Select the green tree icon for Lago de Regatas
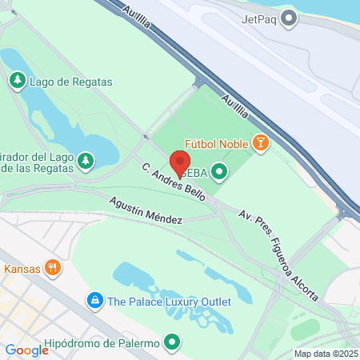tap(16, 81)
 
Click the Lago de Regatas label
tap(70, 82)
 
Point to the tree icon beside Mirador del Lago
tap(85, 162)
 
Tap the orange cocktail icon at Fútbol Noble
tap(259, 144)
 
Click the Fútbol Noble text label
tap(217, 144)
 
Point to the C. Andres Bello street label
tap(174, 182)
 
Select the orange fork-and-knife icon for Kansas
tap(52, 268)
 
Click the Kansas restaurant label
tap(22, 269)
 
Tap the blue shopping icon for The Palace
tap(95, 302)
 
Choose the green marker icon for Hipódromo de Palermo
tap(171, 343)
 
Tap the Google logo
tap(27, 350)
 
